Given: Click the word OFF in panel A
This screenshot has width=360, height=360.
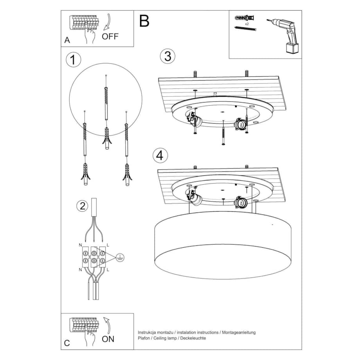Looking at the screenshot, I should [x=110, y=37].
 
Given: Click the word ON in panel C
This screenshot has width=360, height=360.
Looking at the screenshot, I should [x=108, y=339].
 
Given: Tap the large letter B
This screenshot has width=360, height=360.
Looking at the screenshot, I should [x=144, y=21].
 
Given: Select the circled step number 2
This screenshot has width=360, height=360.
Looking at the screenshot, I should [x=82, y=206].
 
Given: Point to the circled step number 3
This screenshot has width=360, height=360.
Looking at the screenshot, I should [x=167, y=56].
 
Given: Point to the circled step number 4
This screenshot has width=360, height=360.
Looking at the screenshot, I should [x=159, y=155].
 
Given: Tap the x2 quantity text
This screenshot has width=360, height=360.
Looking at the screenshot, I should [x=247, y=24].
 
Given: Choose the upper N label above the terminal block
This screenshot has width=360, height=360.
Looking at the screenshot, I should [x=80, y=245].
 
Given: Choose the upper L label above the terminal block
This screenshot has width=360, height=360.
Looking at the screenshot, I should [x=108, y=245].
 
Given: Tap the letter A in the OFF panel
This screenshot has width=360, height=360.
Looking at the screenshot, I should [x=67, y=40].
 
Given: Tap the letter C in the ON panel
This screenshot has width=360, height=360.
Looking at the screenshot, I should [x=67, y=343].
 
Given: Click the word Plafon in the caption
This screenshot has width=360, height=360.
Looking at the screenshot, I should [x=144, y=338].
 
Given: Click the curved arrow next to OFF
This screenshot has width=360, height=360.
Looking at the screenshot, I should [x=107, y=22].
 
